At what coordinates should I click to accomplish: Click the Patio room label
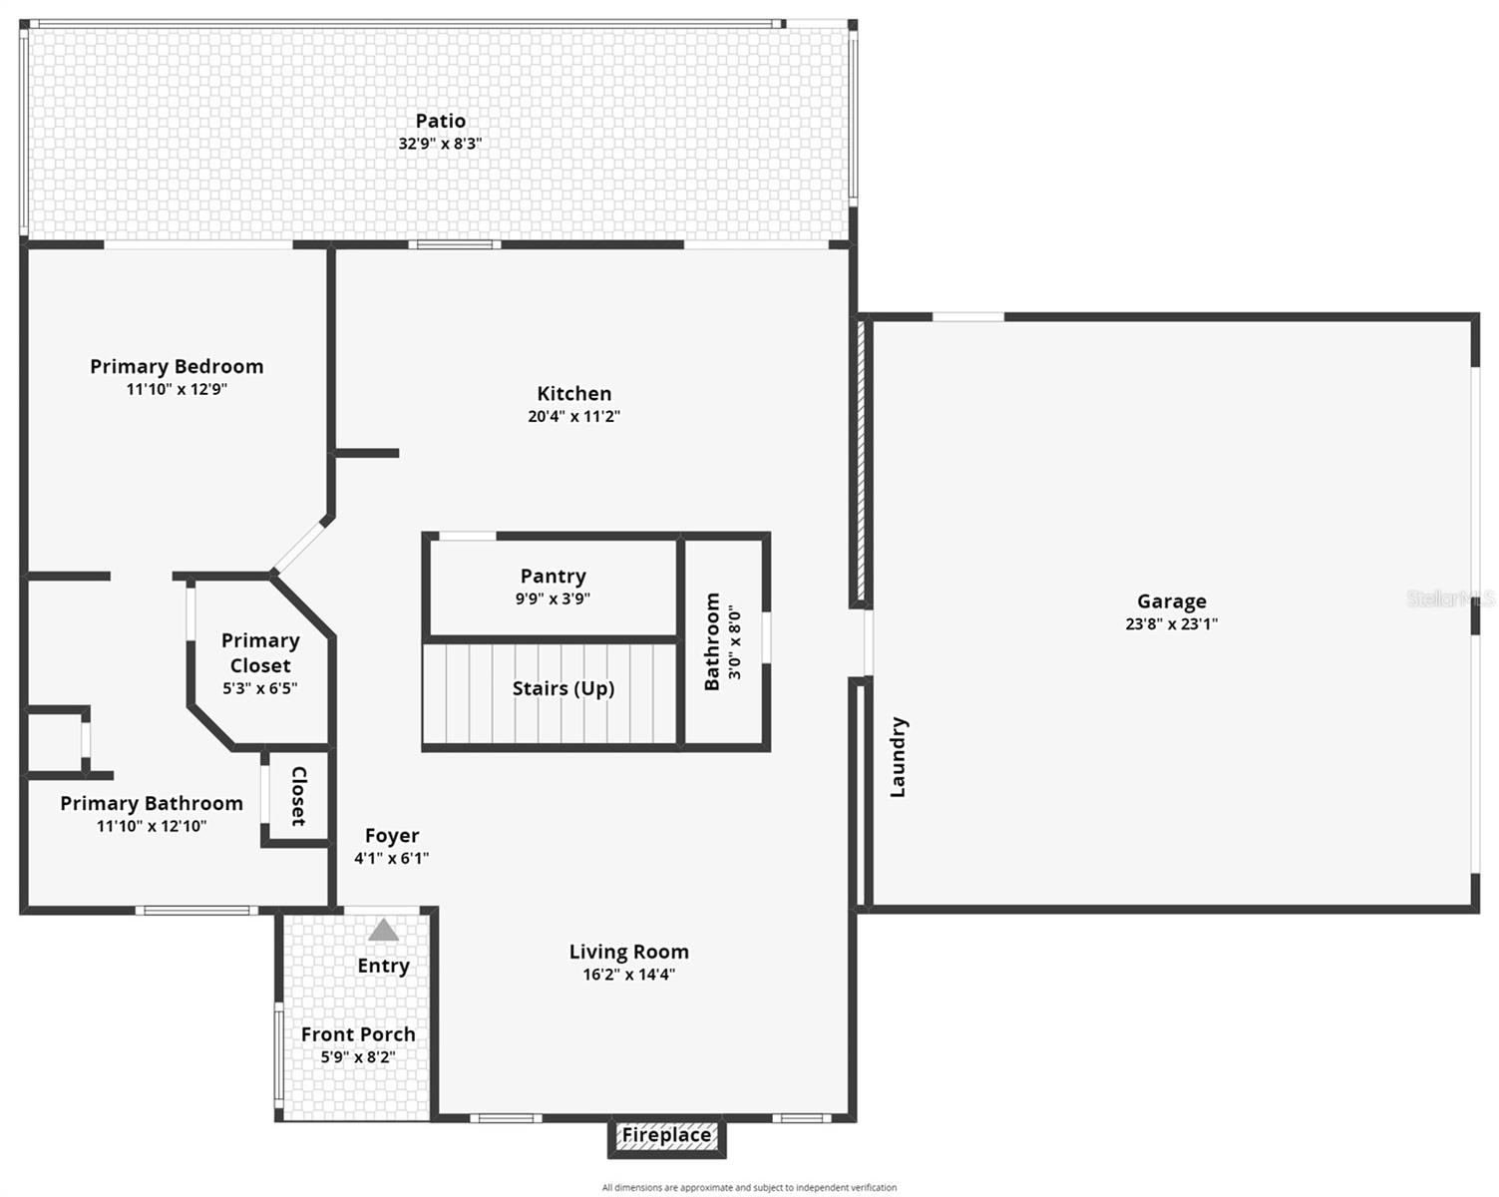(x=440, y=121)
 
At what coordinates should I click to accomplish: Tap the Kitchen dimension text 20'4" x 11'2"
(x=573, y=416)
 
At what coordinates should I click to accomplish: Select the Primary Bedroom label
(x=177, y=366)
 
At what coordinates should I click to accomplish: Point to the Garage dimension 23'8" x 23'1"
(x=1171, y=624)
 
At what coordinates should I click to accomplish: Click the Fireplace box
(x=666, y=1135)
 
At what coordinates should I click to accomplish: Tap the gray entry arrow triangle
(x=383, y=932)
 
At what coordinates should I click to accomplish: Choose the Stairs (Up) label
(x=562, y=688)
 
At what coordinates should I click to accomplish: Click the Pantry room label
(x=553, y=576)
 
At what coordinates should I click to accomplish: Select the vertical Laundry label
(x=898, y=756)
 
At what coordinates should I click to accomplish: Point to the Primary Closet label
(x=260, y=652)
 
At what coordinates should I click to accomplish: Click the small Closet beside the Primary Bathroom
(x=297, y=796)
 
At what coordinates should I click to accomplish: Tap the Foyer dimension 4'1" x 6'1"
(x=391, y=858)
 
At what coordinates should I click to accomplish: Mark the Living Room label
(x=628, y=952)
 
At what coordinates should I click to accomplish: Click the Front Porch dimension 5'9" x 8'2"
(x=357, y=1057)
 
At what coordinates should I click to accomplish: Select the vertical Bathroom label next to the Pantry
(x=712, y=641)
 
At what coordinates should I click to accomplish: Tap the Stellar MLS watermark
(x=1449, y=598)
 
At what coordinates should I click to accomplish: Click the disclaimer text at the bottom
(x=749, y=1187)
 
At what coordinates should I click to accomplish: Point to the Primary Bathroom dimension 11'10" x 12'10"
(x=152, y=826)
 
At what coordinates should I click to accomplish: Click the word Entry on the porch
(x=383, y=966)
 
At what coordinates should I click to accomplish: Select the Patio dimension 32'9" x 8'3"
(x=440, y=144)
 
